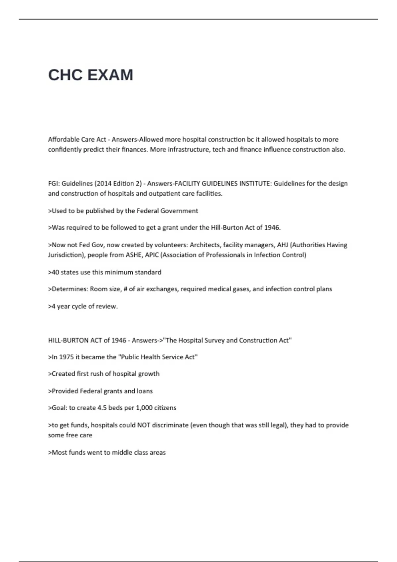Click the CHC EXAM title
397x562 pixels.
(90, 75)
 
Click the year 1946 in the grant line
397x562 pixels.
(272, 228)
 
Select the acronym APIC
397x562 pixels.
(152, 255)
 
